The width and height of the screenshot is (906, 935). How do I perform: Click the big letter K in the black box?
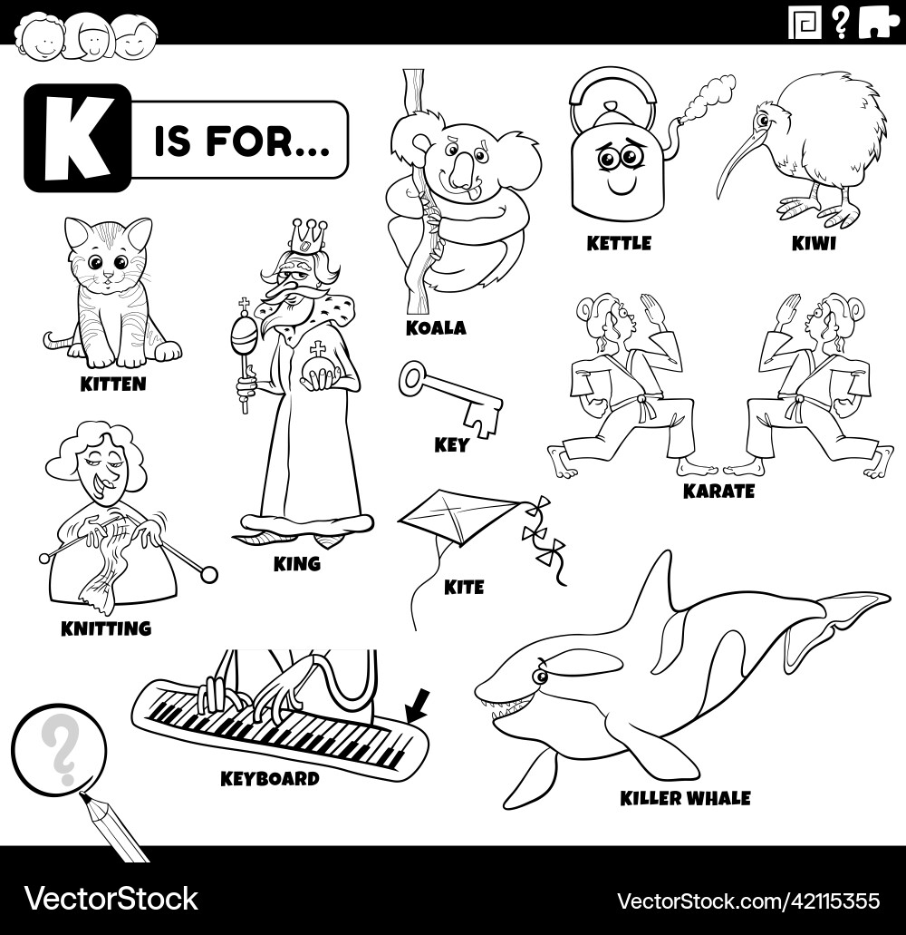76,138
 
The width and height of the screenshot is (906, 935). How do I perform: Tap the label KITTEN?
112,384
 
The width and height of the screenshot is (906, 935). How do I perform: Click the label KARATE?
718,491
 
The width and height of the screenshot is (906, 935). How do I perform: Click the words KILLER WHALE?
685,798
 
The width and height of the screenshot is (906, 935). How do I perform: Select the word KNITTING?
106,628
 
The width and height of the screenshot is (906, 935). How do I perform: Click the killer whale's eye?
541,676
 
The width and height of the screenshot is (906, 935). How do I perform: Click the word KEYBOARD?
270,778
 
